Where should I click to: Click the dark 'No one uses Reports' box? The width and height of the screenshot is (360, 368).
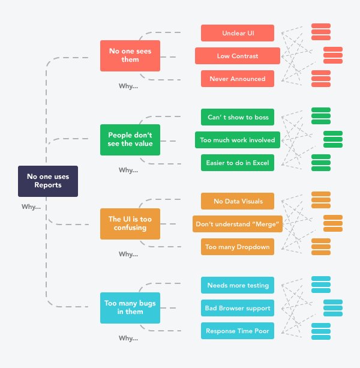point(48,181)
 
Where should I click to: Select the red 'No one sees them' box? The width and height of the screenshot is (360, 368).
point(130,56)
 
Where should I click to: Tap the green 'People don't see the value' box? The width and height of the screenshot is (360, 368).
point(130,140)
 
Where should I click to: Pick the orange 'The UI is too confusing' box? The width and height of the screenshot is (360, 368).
point(130,224)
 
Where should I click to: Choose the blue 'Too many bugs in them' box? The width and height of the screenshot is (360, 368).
point(130,308)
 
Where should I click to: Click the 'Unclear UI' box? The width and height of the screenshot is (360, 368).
point(238,33)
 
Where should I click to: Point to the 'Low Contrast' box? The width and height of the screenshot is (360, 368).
point(238,56)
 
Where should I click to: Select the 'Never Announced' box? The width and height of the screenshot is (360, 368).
point(238,79)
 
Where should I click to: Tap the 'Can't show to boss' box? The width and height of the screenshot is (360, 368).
point(238,117)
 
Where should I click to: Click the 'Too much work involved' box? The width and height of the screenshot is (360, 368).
point(238,140)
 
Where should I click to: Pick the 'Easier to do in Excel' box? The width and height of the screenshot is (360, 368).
point(238,163)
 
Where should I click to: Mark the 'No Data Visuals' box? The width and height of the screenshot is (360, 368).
point(238,201)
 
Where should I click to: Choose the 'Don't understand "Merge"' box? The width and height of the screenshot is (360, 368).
point(238,224)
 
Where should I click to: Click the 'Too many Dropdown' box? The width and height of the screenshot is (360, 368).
point(238,246)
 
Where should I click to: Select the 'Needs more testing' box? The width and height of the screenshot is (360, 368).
point(238,285)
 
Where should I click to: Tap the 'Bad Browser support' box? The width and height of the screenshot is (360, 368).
point(238,308)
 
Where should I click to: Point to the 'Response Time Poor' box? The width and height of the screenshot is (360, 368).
point(238,330)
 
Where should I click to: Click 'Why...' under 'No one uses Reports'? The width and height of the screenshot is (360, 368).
point(31,207)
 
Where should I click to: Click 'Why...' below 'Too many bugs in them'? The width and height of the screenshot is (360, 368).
point(128,338)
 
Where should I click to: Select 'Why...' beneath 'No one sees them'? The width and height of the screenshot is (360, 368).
point(128,86)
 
